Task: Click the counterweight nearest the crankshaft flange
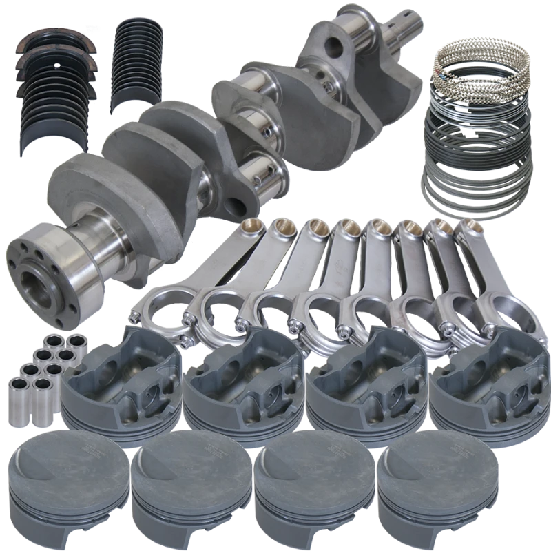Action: click(83, 200)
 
